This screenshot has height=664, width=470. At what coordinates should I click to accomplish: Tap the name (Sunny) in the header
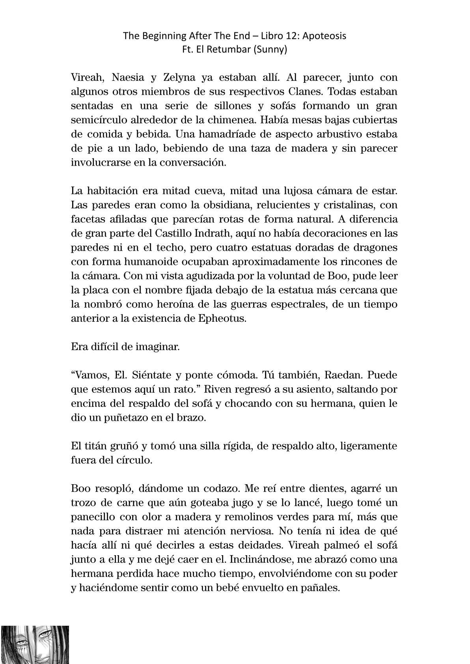pos(272,50)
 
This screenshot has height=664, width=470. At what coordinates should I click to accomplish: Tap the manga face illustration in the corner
pos(35,644)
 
